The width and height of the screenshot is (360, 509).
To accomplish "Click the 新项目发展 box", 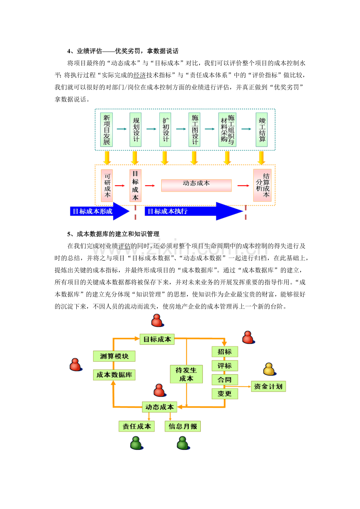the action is tap(106, 130).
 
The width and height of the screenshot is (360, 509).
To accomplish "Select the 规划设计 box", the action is tap(135, 130).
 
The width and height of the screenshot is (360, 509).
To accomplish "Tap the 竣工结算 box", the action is tap(261, 130).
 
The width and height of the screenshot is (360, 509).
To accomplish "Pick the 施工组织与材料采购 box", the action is tap(227, 130).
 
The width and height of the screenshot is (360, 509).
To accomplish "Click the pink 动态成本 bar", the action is tap(196, 185).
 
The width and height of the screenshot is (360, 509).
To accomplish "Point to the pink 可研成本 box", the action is tap(107, 186).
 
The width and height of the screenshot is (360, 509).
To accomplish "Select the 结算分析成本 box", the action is tap(262, 185).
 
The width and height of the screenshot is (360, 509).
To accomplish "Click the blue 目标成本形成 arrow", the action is tap(100, 211).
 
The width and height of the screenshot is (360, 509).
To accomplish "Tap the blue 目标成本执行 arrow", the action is tap(194, 211).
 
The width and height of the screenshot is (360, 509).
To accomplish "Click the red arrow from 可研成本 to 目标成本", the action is tap(120, 186).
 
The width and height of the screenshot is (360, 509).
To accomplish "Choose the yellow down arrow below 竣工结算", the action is tap(261, 158).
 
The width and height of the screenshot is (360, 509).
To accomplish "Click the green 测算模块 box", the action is tap(114, 356).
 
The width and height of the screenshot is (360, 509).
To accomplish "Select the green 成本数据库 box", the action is tap(114, 375).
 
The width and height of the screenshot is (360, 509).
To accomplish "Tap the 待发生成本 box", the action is tap(186, 374).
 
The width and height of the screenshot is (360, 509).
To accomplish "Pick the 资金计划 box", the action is tap(268, 386).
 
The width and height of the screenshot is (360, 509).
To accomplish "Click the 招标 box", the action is tap(225, 352).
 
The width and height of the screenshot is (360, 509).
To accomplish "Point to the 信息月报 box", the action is tap(183, 426).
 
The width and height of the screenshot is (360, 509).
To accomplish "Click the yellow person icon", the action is tap(269, 369).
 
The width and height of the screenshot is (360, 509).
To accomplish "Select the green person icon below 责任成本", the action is tap(137, 443).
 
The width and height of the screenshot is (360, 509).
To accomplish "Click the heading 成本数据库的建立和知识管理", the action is tap(118, 234).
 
